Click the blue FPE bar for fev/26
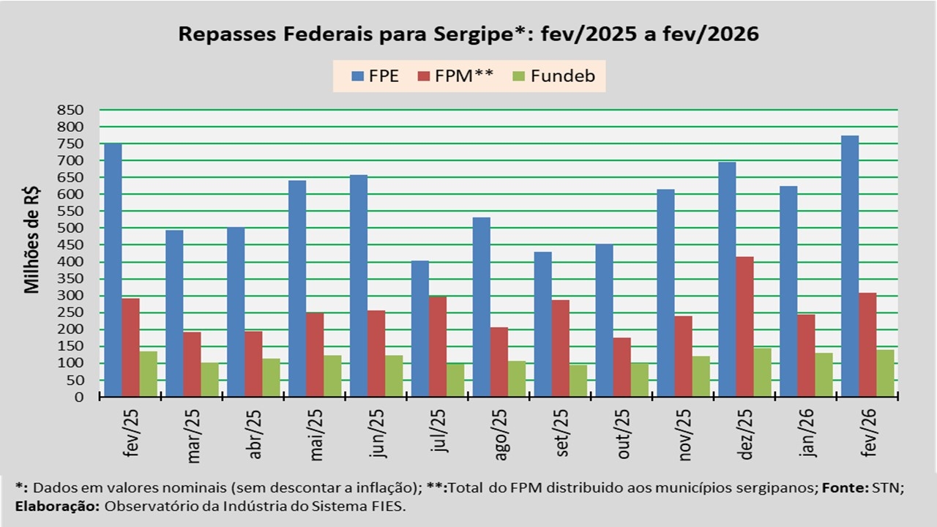click(850, 266)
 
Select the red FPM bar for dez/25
click(744, 326)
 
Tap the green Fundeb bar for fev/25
click(149, 374)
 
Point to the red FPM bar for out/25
click(621, 367)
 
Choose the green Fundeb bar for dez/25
click(762, 373)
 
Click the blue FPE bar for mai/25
click(297, 288)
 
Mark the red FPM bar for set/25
click(560, 348)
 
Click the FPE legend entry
click(375, 76)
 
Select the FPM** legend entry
click(454, 76)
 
